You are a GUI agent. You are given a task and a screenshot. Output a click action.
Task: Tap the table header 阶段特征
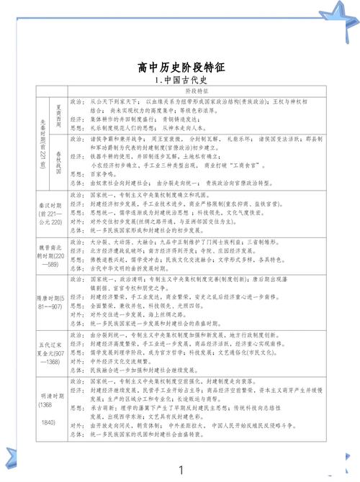coord(195,91)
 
